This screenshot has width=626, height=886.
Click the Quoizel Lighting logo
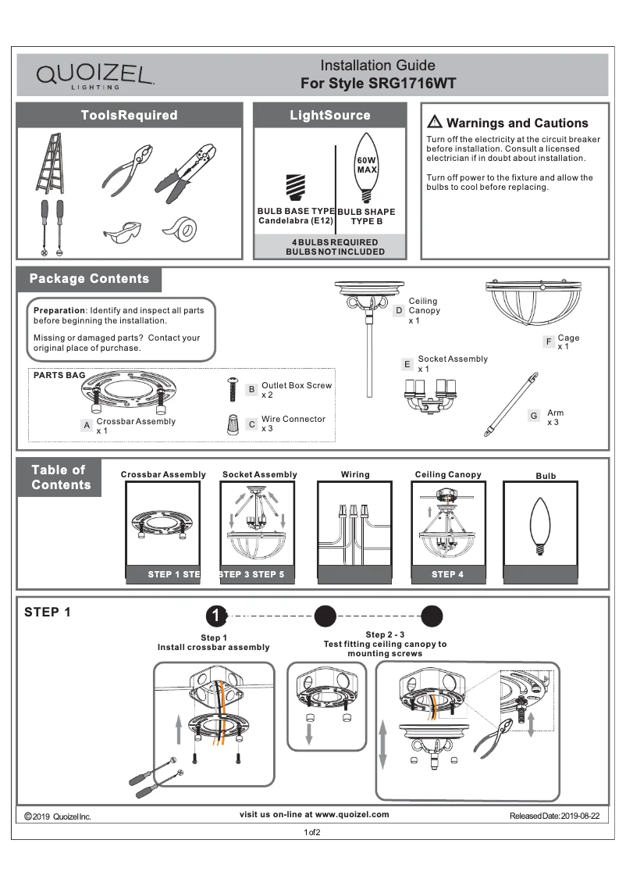click(94, 76)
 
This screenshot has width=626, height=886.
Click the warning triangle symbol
click(435, 122)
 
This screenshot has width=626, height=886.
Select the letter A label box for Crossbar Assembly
click(87, 426)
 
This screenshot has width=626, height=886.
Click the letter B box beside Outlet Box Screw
click(251, 389)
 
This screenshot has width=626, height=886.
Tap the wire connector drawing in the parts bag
click(232, 425)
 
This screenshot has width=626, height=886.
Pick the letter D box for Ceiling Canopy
click(399, 311)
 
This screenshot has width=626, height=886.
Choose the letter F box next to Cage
click(549, 342)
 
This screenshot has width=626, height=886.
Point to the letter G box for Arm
click(534, 416)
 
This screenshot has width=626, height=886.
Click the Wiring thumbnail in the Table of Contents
click(355, 531)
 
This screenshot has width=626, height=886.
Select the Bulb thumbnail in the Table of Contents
click(540, 531)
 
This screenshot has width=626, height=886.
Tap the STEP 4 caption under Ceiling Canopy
click(447, 574)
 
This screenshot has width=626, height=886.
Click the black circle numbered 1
click(216, 616)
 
